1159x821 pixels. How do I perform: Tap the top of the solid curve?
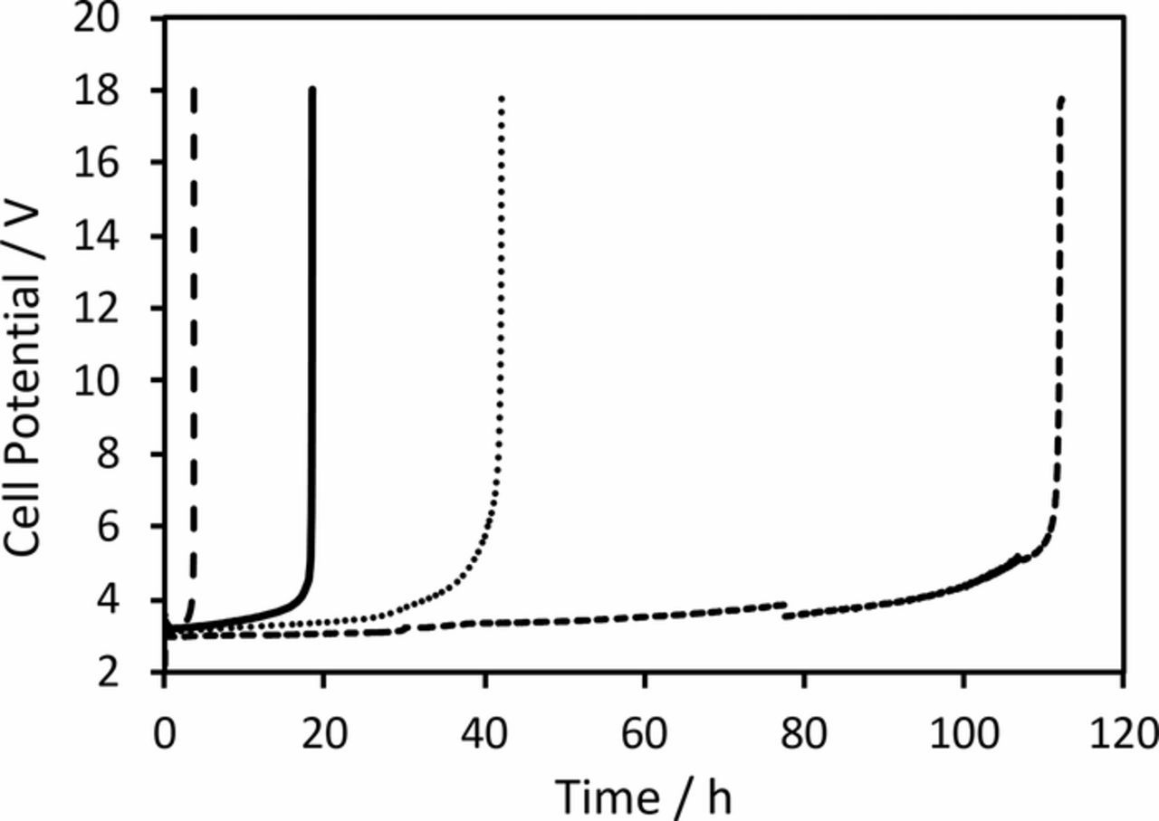pos(312,90)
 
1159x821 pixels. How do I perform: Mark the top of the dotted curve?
pos(501,97)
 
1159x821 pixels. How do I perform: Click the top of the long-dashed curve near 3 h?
pos(194,90)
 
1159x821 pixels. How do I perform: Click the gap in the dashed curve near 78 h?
pos(785,609)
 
